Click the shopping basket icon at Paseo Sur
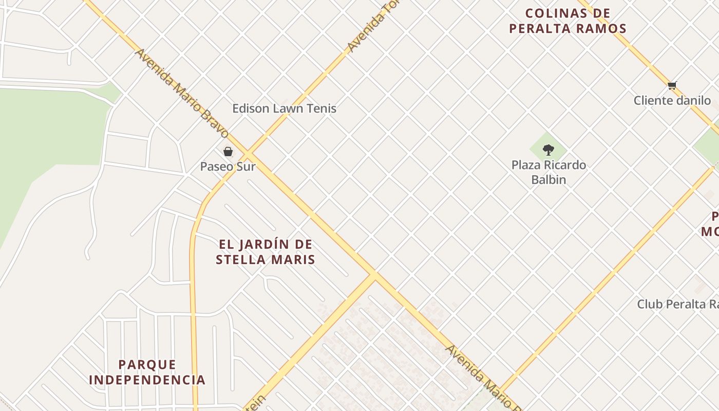[228, 152]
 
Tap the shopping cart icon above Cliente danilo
[672, 85]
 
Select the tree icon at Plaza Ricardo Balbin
[548, 150]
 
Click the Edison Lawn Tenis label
[284, 108]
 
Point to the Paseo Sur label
[228, 166]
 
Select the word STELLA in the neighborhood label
[241, 260]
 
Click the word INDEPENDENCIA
[147, 380]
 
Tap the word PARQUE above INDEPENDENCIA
[147, 365]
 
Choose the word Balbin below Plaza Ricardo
[548, 180]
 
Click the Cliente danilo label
[672, 101]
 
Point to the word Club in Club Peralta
[648, 304]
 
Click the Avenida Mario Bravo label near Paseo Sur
[182, 94]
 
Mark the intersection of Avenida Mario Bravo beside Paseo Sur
[248, 155]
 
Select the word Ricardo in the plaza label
[564, 165]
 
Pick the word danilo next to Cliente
[693, 101]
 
